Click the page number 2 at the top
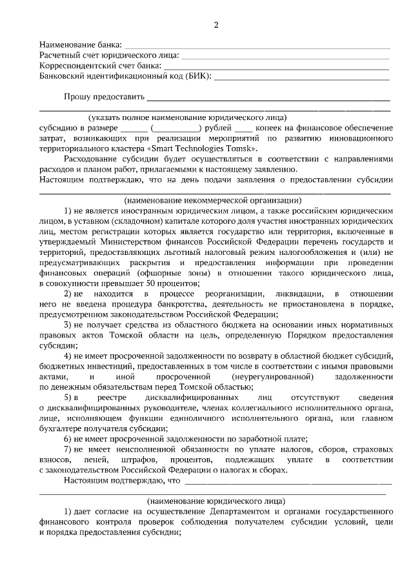(x=216, y=25)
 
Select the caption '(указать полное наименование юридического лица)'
(x=187, y=117)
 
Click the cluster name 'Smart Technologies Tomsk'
(x=200, y=147)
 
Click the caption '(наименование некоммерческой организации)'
(x=214, y=200)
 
